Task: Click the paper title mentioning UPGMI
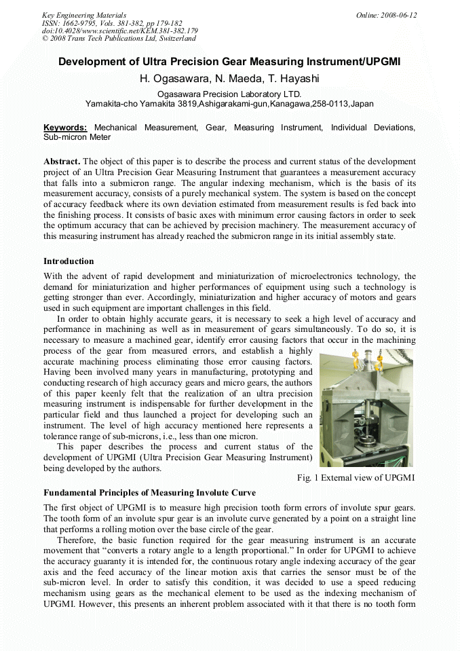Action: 229,62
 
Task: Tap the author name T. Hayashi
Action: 293,79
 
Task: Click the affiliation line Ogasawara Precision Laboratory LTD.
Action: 229,94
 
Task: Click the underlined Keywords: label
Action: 65,128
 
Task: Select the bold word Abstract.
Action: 61,162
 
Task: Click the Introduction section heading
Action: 69,261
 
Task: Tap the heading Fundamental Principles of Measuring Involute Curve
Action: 149,493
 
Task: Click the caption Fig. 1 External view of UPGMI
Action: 356,478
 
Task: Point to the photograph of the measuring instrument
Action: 366,408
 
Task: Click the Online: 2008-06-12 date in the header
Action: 387,15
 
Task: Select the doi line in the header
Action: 119,31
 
